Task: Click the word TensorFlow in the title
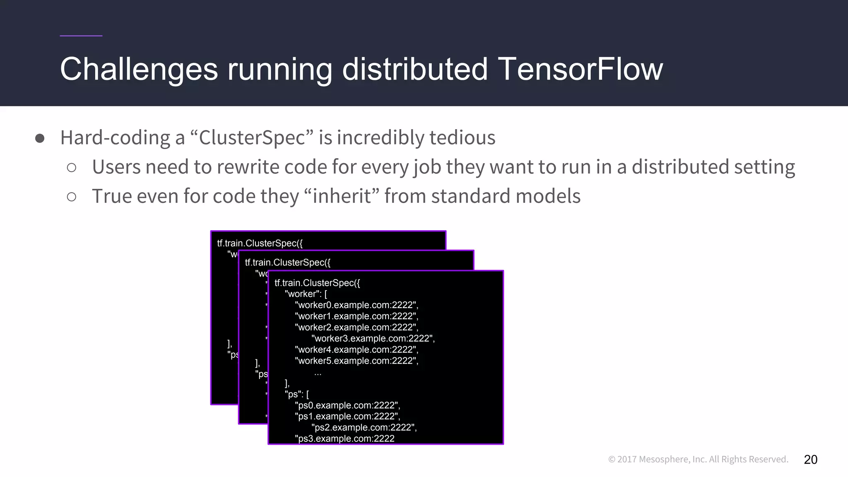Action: pos(580,69)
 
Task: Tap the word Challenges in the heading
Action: pos(139,69)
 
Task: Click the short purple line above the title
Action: pos(81,36)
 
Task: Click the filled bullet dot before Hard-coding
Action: pos(40,138)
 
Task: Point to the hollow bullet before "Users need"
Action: pos(72,167)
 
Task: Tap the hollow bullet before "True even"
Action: pos(72,197)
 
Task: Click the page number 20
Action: pos(810,459)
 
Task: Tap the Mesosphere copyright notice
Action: pos(698,459)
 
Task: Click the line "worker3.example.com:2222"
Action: pos(373,338)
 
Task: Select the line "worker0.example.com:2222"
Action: pos(356,305)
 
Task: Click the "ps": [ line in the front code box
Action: pos(296,394)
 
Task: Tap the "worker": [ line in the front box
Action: pos(306,294)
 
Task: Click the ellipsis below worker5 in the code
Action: pos(318,373)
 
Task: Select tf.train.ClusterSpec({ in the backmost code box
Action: pos(260,243)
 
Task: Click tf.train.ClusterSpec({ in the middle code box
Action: pos(287,262)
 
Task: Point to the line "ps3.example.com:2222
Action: pos(344,438)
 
